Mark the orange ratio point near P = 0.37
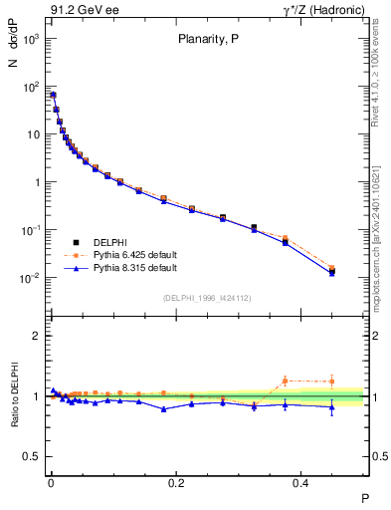(x=286, y=381)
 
